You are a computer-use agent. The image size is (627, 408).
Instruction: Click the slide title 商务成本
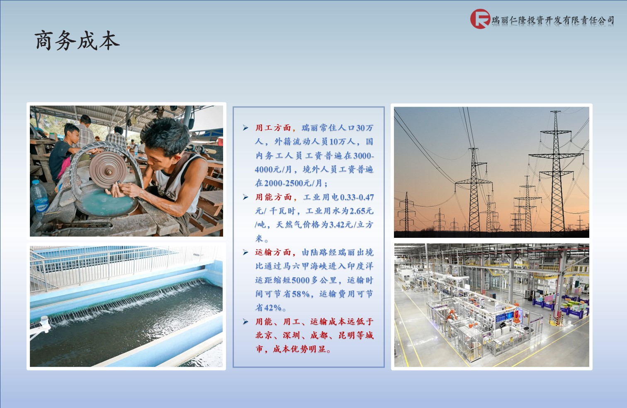[77, 41]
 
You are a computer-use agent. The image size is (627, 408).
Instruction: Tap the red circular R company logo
[480, 19]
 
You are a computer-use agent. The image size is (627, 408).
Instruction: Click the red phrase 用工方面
[273, 128]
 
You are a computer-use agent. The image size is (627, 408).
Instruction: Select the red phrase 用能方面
[273, 197]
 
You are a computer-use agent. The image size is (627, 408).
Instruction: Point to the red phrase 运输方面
[273, 252]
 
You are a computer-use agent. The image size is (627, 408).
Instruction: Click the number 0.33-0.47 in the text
[357, 197]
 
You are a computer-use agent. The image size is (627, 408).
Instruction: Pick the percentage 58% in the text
[301, 294]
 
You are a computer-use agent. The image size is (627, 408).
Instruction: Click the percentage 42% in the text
[272, 308]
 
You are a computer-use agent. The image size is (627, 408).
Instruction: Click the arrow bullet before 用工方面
[245, 128]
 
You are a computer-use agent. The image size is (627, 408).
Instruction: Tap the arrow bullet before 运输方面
[245, 252]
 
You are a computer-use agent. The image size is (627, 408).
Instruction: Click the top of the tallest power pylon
[555, 112]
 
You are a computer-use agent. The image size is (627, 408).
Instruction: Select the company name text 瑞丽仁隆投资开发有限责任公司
[553, 20]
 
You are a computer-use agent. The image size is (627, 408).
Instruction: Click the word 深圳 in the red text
[291, 335]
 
